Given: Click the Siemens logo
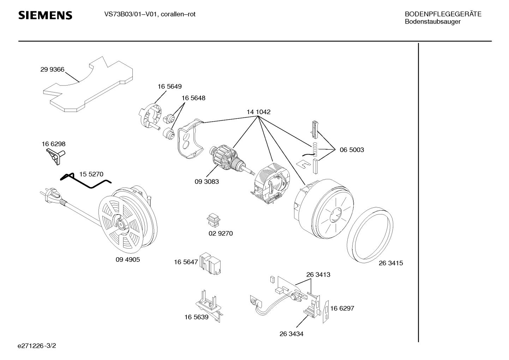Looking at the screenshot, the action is click(x=45, y=15).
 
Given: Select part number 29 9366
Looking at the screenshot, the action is click(x=52, y=69).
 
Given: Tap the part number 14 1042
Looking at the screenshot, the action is click(x=259, y=112).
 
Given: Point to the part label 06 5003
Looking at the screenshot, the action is click(x=352, y=150).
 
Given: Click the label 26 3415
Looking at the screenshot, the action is click(x=391, y=263).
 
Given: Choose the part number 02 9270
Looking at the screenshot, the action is click(x=221, y=233).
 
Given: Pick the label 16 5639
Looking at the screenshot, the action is click(x=196, y=317).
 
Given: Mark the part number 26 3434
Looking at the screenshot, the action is click(x=291, y=334).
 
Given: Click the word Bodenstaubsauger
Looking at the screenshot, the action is click(x=433, y=22).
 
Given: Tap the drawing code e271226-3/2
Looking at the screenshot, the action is click(x=37, y=346).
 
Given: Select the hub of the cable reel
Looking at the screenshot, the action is click(x=120, y=224).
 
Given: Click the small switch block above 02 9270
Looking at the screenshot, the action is click(x=214, y=220).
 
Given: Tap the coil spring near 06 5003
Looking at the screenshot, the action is click(x=315, y=149).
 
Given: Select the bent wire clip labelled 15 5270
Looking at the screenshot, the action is click(x=86, y=181).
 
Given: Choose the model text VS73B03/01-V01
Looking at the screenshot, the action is click(x=131, y=14).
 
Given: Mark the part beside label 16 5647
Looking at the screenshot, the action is click(x=210, y=263).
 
